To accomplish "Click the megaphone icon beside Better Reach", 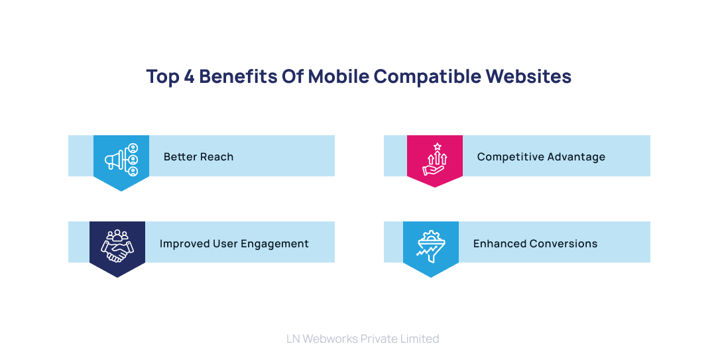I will point(121,160).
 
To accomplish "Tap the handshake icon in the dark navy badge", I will point(117,246).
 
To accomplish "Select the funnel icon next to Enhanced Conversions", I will point(431,245).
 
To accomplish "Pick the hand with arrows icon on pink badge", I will point(435,160).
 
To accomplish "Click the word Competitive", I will point(508,157).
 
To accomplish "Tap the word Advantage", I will point(573,157).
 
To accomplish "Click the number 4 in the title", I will point(189,76).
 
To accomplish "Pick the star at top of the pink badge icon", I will point(437,146).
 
